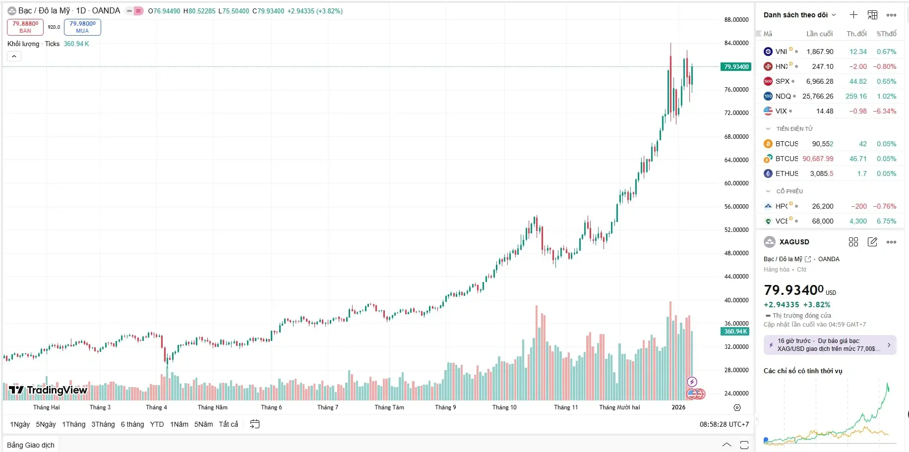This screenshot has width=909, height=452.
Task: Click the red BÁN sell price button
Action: (25, 27)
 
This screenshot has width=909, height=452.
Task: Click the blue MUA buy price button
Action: (82, 27)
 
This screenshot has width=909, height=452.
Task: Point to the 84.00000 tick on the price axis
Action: (736, 43)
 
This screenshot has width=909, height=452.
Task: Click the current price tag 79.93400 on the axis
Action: (736, 67)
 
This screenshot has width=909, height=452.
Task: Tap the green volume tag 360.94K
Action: (735, 332)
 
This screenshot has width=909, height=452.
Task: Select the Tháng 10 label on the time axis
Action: (504, 407)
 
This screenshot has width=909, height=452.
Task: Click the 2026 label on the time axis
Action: (678, 407)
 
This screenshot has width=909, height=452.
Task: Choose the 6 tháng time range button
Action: (132, 424)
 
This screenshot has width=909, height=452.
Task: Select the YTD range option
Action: (157, 424)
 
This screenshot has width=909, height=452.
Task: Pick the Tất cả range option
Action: (228, 424)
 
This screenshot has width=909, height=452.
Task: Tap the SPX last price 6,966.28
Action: (819, 81)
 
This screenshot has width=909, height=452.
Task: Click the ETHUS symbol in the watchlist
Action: (787, 173)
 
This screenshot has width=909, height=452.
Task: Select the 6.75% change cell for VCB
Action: (886, 221)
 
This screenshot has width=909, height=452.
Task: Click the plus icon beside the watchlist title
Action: (853, 15)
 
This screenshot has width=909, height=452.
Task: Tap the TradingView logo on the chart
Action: (48, 390)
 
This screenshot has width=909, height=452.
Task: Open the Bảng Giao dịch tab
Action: (31, 445)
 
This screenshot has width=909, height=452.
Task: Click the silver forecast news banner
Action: (830, 345)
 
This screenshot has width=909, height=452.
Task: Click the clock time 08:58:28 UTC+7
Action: (724, 424)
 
